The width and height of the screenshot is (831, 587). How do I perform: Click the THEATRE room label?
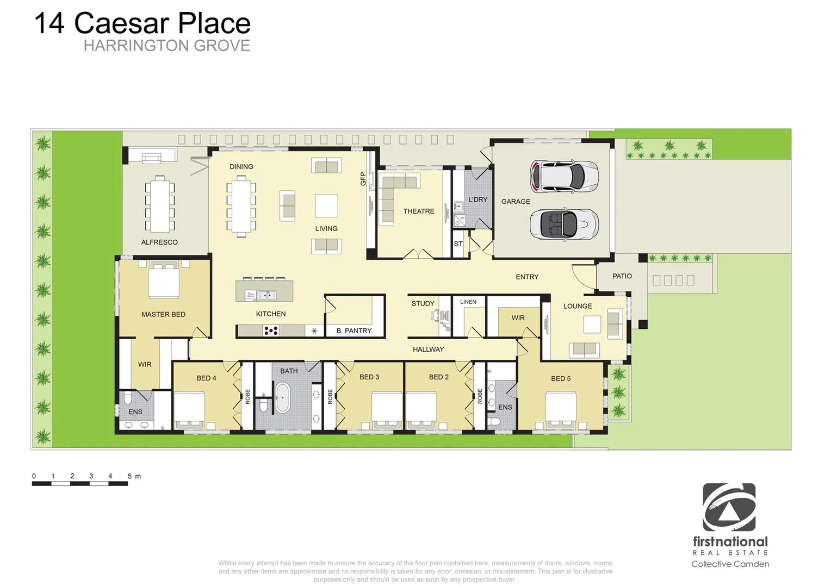[418, 211]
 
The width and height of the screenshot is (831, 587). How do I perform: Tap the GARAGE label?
[515, 202]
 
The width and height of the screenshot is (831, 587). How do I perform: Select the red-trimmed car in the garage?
[564, 176]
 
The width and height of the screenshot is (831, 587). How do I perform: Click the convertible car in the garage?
[564, 224]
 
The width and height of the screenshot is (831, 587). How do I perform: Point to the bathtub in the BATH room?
[282, 398]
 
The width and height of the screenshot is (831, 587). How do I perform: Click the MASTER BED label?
[163, 315]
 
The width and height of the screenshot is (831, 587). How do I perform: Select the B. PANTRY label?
[354, 330]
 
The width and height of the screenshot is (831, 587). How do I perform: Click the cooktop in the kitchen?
[271, 330]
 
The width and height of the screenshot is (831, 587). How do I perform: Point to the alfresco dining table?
[159, 204]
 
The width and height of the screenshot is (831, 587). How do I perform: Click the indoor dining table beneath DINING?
[241, 206]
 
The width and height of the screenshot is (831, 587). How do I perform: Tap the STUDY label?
[423, 304]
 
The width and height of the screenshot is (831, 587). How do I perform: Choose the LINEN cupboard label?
[468, 302]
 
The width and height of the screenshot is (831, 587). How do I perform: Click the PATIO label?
[622, 276]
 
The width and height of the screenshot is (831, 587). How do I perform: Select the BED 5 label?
[560, 379]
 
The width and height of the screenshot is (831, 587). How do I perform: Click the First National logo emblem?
[729, 507]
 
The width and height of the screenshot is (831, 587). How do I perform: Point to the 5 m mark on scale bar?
[129, 476]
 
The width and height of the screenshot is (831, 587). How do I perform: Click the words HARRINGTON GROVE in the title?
[167, 46]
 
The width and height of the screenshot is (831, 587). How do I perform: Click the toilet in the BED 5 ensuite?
[494, 421]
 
